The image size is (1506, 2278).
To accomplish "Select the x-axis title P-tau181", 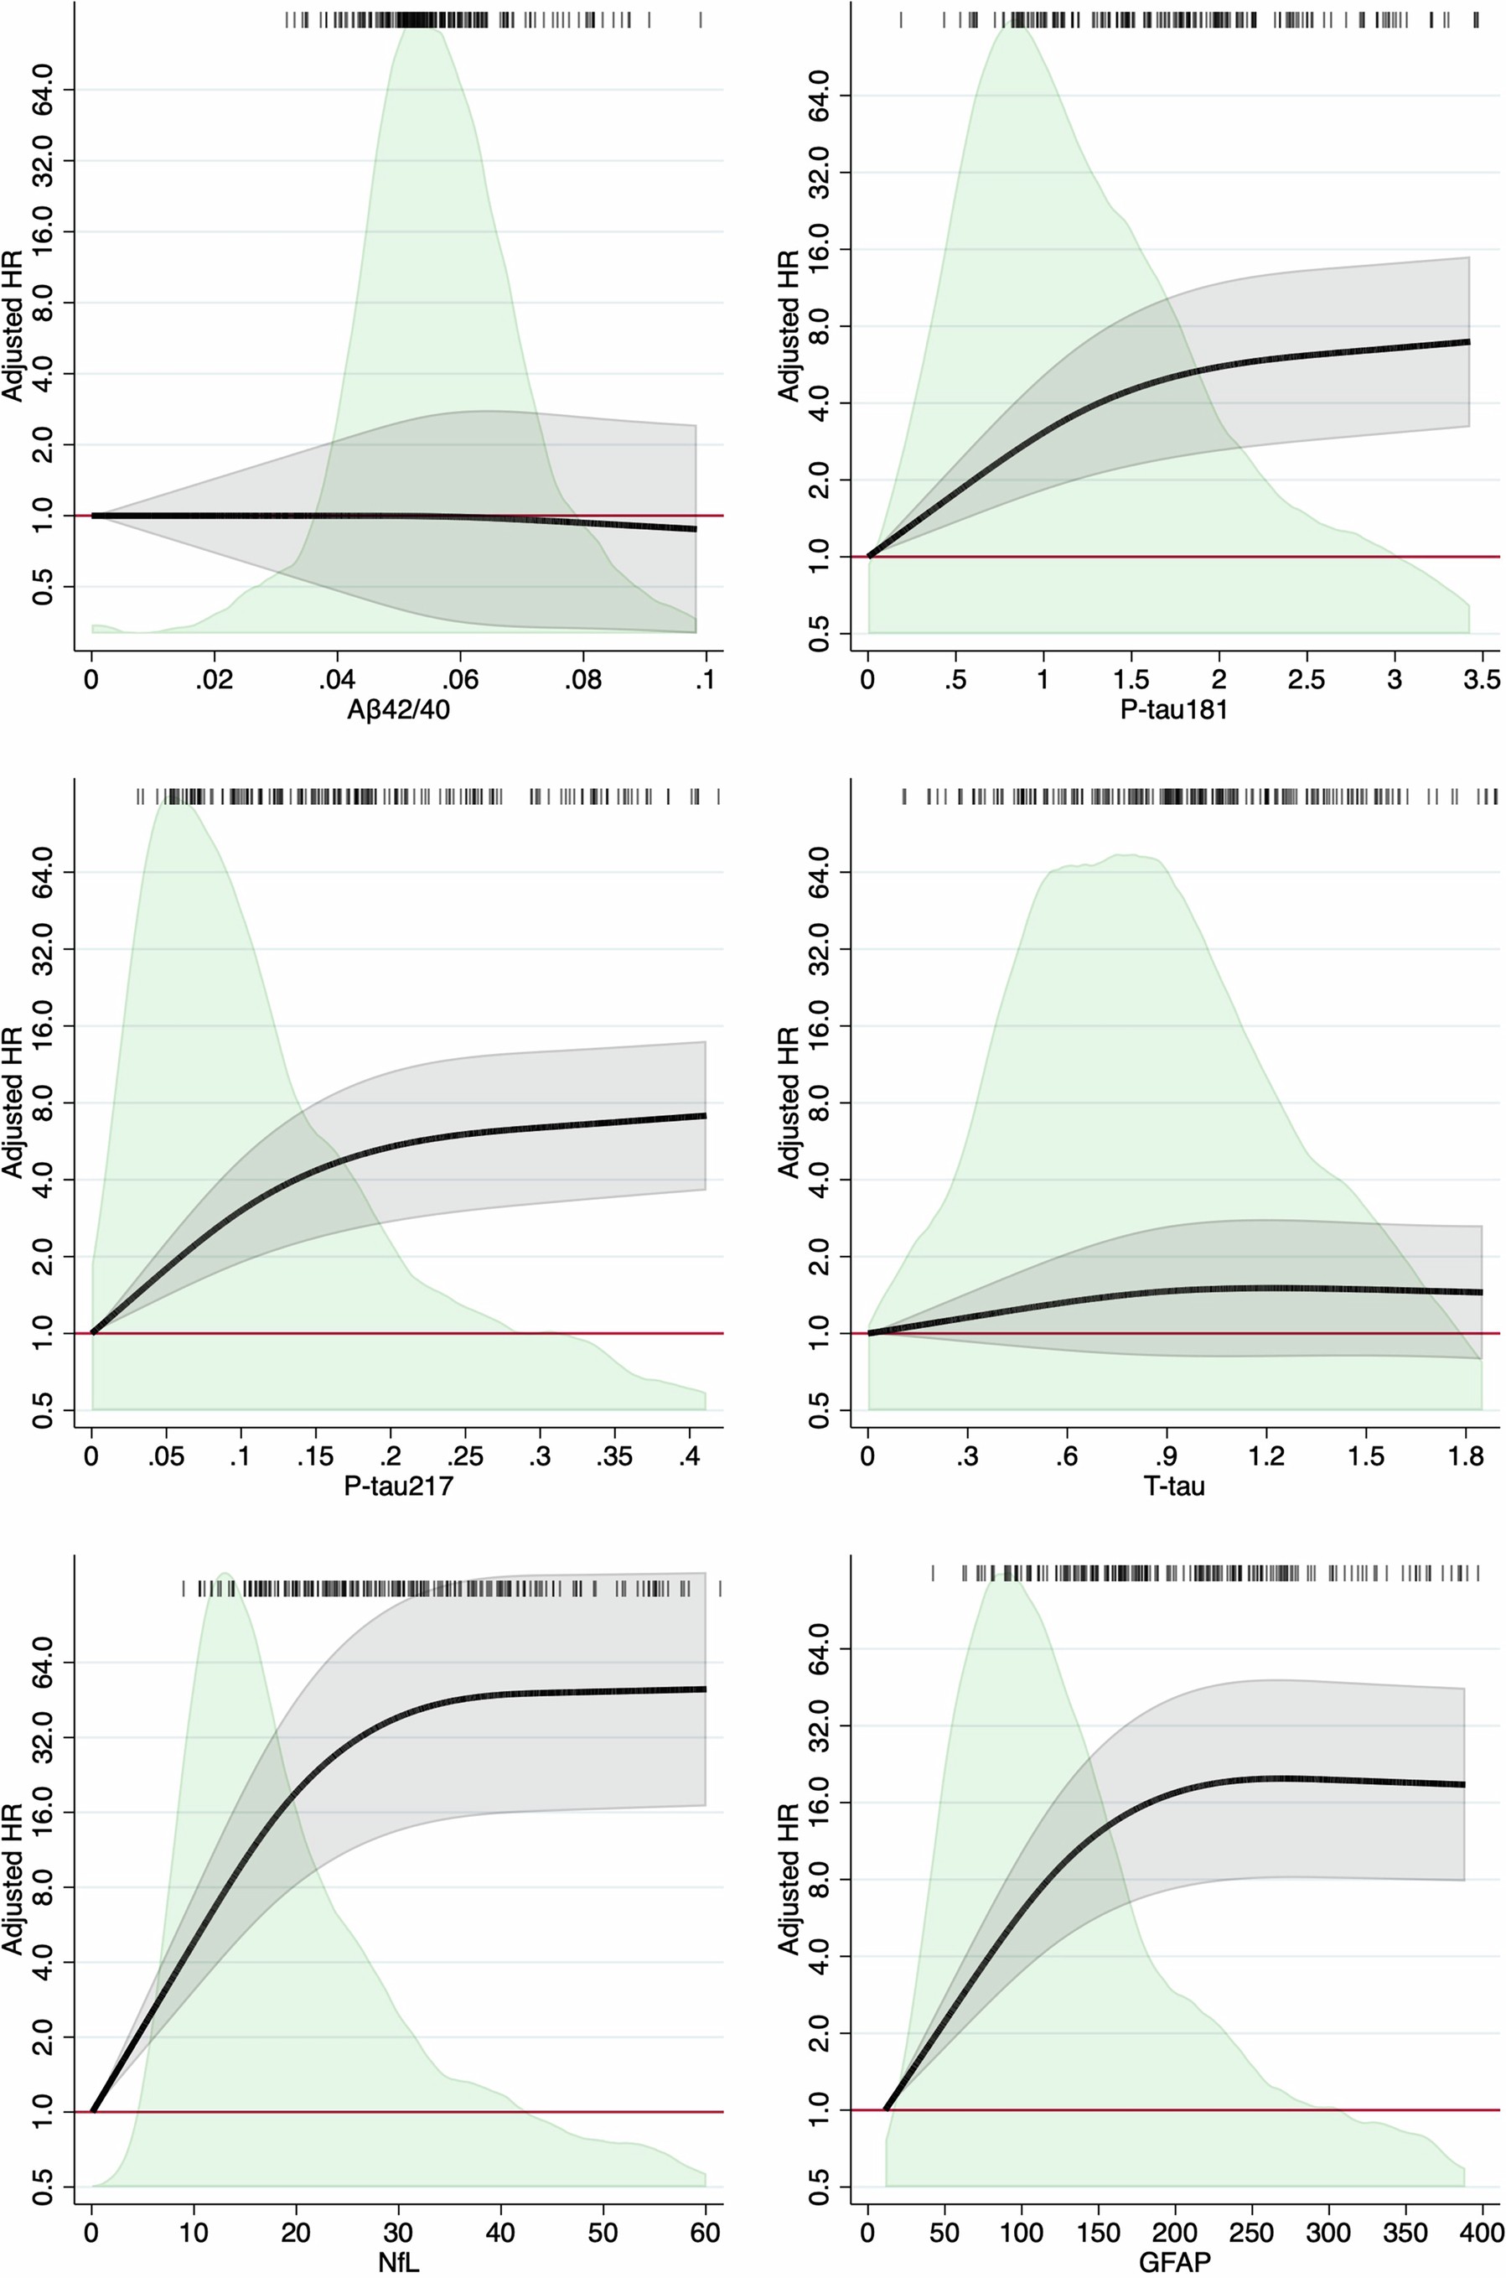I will click(1173, 710).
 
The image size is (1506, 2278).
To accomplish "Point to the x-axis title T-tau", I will click(1173, 1487).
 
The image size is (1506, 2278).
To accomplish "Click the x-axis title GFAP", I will click(1173, 2264).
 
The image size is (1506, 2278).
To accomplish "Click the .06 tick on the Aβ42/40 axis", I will click(460, 680).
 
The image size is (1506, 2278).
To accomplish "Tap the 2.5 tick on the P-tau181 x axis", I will click(1307, 680).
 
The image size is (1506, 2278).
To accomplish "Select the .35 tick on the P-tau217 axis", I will click(613, 1456).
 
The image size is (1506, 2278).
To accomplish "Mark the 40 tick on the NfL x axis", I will click(500, 2234).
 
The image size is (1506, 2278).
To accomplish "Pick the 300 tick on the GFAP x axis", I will click(1328, 2234).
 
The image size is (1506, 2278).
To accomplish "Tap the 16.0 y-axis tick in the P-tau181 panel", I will click(818, 249).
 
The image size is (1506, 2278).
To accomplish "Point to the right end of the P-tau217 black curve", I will click(704, 1115).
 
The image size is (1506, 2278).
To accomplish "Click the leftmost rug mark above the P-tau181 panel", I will click(901, 19).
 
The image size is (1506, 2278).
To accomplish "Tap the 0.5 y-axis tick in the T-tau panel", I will click(818, 1409).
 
